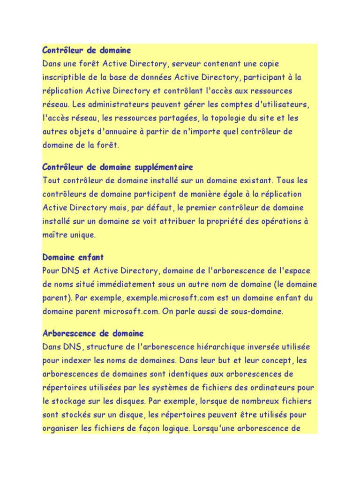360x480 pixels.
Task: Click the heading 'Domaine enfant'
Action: tap(73, 257)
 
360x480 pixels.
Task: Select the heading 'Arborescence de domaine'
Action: tap(93, 333)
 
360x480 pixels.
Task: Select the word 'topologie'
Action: tap(219, 118)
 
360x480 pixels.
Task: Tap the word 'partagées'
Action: tap(179, 118)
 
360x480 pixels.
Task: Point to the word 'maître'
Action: tap(54, 235)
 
